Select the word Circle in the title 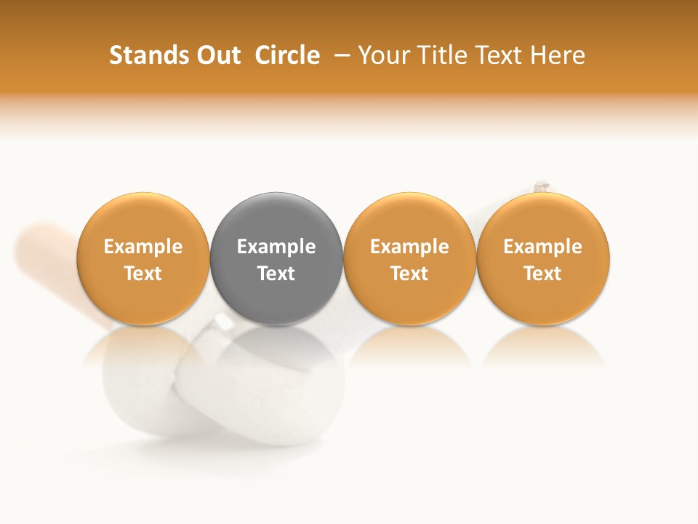click(x=287, y=55)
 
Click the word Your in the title click(x=383, y=55)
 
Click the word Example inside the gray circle click(x=276, y=247)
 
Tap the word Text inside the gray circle click(x=276, y=274)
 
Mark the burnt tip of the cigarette click(x=541, y=187)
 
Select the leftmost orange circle click(x=143, y=218)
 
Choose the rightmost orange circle click(x=543, y=218)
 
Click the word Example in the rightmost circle click(x=543, y=247)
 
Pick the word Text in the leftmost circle click(x=143, y=274)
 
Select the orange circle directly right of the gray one click(x=409, y=218)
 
